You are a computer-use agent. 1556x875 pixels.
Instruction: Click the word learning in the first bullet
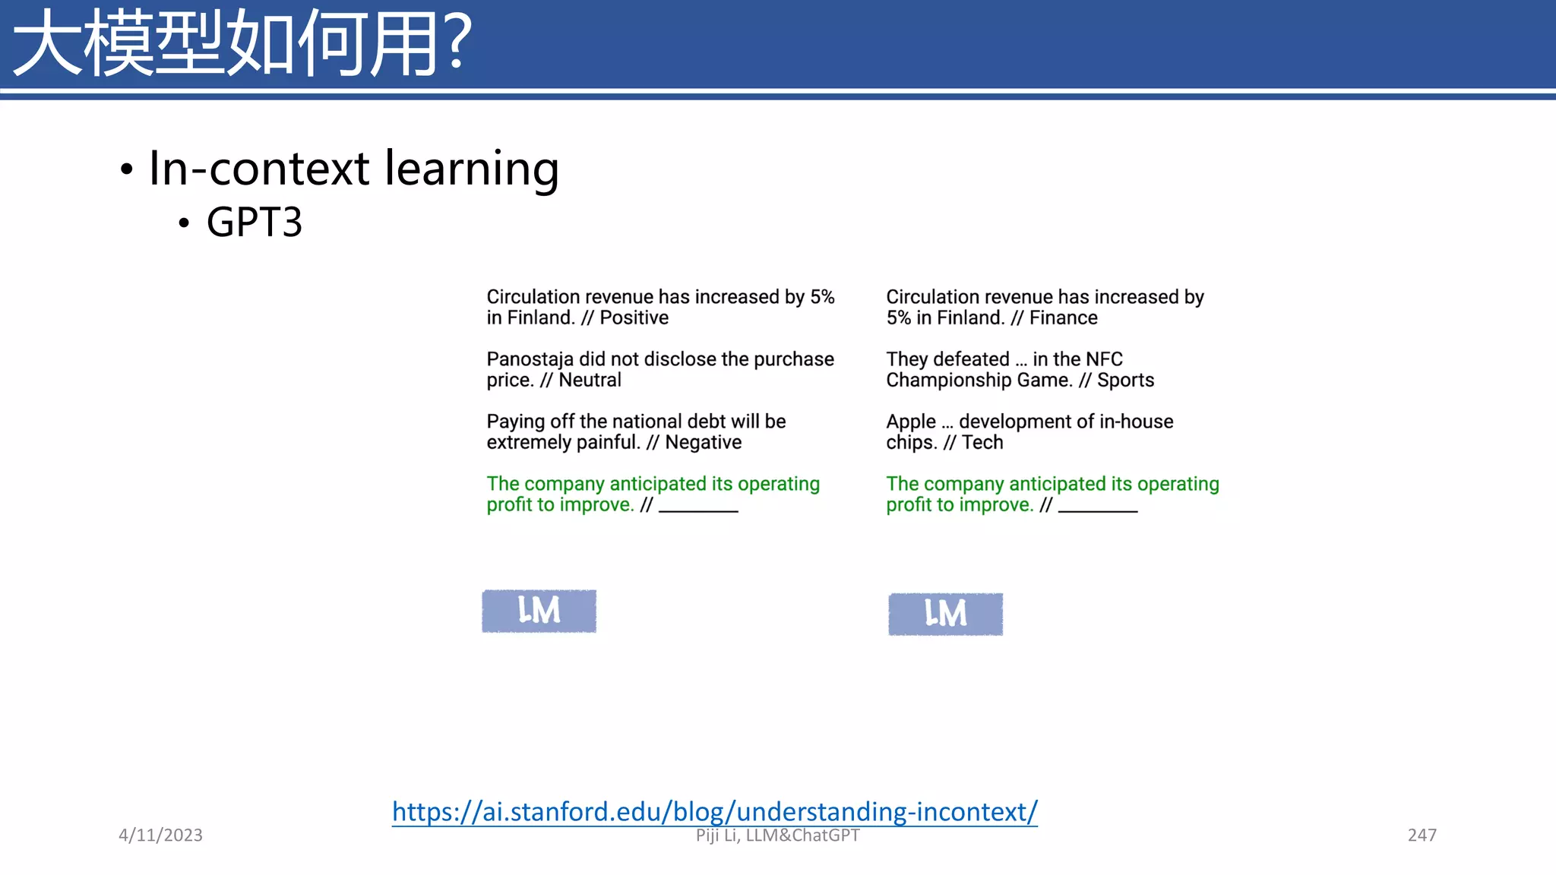(x=472, y=169)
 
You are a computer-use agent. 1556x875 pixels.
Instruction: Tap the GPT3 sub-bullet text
(x=254, y=223)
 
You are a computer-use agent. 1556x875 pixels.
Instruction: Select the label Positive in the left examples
(x=634, y=317)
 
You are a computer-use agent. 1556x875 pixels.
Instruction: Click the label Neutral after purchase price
(x=590, y=380)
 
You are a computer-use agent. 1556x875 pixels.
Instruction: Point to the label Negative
(x=703, y=442)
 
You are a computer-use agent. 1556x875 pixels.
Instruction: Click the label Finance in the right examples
(x=1063, y=317)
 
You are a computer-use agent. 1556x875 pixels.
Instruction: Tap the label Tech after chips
(x=982, y=442)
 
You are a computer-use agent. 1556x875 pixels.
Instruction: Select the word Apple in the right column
(x=910, y=422)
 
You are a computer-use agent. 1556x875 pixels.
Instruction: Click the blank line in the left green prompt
(x=698, y=509)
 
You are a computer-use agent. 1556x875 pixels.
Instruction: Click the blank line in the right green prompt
(x=1097, y=509)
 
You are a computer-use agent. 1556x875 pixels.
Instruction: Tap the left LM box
(x=539, y=611)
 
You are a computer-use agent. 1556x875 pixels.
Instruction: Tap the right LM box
(x=945, y=614)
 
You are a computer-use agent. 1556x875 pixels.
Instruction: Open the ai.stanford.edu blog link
(x=714, y=811)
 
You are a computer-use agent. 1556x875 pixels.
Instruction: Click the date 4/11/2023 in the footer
(x=160, y=835)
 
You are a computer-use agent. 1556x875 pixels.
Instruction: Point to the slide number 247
(x=1422, y=835)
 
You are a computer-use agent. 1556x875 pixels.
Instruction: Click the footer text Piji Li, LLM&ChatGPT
(x=777, y=836)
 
